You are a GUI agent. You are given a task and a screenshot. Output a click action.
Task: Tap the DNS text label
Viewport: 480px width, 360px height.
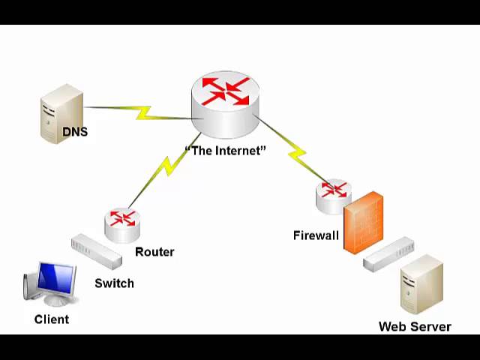75,133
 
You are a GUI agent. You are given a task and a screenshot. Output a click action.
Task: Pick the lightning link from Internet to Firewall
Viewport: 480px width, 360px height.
295,154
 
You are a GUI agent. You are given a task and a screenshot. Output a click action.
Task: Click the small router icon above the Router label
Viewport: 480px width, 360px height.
122,223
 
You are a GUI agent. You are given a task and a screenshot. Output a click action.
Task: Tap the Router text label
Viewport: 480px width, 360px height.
154,252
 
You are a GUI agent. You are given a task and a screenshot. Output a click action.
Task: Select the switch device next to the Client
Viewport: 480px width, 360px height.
96,253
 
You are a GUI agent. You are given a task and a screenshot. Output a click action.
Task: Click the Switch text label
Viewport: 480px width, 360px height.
114,283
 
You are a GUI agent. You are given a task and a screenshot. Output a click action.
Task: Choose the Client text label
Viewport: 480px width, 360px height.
52,319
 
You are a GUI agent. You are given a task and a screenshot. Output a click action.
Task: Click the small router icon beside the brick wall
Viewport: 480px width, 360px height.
333,196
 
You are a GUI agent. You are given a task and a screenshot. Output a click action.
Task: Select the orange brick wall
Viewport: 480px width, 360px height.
364,223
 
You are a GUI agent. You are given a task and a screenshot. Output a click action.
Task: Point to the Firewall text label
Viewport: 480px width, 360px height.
316,235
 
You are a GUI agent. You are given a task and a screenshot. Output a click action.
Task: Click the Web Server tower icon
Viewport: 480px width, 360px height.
421,286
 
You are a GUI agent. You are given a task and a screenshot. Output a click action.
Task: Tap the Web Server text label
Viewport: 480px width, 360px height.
415,327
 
